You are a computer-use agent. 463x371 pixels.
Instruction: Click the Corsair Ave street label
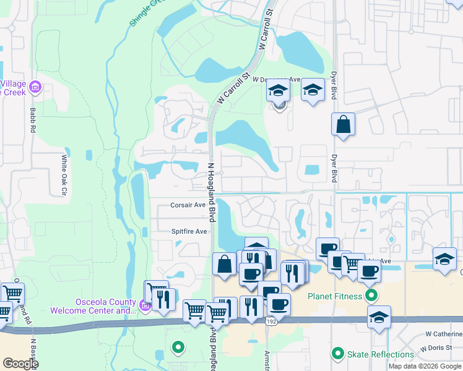click(x=188, y=205)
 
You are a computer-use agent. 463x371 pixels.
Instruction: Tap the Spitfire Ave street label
click(x=189, y=231)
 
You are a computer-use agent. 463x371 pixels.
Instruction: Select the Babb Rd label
click(x=32, y=121)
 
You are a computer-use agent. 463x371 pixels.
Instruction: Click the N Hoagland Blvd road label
click(x=211, y=192)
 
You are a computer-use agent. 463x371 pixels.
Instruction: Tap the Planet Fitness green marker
click(x=371, y=296)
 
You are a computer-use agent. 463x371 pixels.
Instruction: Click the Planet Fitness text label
click(x=335, y=296)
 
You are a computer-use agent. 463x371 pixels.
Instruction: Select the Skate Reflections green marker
click(x=337, y=354)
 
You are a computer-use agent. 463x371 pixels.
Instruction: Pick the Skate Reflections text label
click(x=380, y=354)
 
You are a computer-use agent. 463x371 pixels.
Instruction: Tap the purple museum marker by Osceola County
click(x=145, y=305)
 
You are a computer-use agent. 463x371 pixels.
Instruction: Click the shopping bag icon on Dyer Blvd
click(x=342, y=126)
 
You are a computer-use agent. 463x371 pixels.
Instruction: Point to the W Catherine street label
click(x=443, y=334)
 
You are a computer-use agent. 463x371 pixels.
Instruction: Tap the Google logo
click(x=20, y=364)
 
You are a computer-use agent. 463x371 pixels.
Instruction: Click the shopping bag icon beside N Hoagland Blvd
click(x=224, y=265)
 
